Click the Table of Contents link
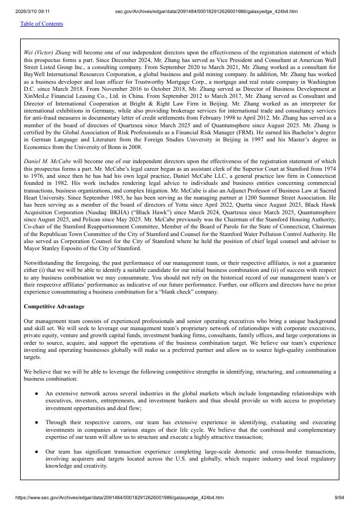[41, 24]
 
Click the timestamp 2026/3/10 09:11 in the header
[33, 11]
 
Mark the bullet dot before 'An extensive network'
[36, 393]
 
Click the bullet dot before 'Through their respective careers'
[36, 422]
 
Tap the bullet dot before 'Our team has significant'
[36, 451]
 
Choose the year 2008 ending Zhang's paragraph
[134, 147]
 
